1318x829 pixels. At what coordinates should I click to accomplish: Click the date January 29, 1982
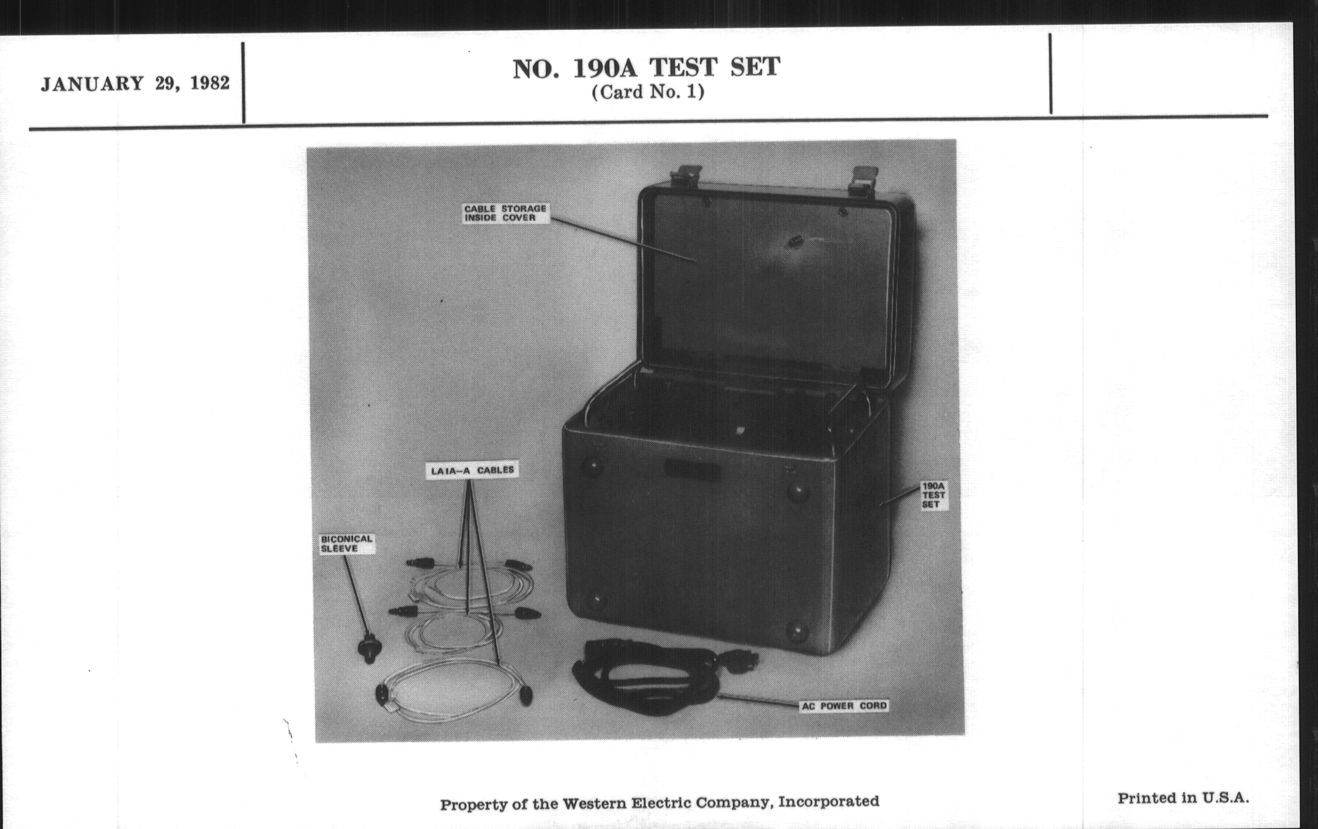135,84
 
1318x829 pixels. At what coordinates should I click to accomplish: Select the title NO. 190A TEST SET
647,68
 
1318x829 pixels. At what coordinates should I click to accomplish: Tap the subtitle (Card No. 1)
648,92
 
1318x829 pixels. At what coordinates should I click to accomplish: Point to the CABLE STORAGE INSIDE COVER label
505,213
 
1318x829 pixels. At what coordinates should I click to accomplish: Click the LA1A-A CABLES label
472,470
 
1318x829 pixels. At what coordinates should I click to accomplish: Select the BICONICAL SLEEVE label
347,544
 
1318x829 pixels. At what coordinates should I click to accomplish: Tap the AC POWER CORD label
843,706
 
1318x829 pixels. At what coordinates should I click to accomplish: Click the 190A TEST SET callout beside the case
933,495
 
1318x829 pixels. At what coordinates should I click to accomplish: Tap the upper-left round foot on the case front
592,467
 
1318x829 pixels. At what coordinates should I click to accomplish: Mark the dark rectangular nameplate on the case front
692,469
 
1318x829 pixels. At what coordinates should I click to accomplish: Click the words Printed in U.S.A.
1183,798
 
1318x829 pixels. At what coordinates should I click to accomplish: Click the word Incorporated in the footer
829,802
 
